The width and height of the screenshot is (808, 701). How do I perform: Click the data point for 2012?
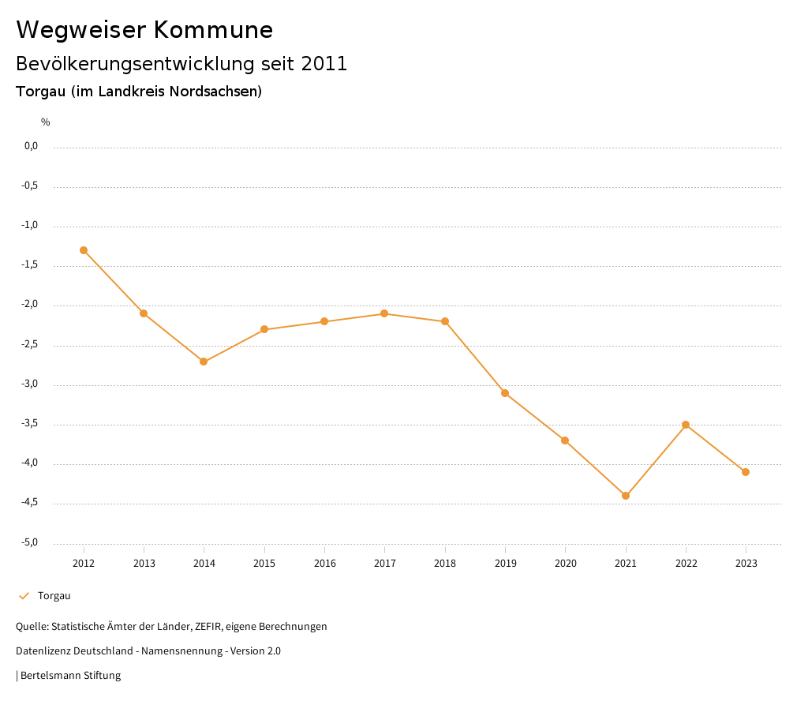point(84,250)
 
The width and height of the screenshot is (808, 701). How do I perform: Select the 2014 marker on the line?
point(204,362)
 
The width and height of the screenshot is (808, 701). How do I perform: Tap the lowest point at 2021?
point(626,496)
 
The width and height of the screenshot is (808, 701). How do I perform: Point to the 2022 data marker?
point(686,425)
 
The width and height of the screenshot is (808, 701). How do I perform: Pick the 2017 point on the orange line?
point(384,313)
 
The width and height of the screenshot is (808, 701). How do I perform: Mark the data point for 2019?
point(505,393)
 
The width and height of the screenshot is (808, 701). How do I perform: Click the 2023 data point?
point(746,472)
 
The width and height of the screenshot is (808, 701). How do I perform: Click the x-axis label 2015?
point(264,563)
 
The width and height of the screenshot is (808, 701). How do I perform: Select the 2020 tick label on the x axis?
point(565,563)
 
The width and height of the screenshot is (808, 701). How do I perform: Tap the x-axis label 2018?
point(445,563)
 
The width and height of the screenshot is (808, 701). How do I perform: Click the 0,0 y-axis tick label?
point(31,146)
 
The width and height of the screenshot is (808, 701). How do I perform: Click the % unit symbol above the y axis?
point(46,122)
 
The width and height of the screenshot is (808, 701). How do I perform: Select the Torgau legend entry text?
point(54,596)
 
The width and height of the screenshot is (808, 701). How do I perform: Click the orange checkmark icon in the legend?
point(24,596)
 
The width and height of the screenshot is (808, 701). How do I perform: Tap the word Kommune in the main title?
point(213,30)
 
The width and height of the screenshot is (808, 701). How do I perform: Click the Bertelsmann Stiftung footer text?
point(70,676)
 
